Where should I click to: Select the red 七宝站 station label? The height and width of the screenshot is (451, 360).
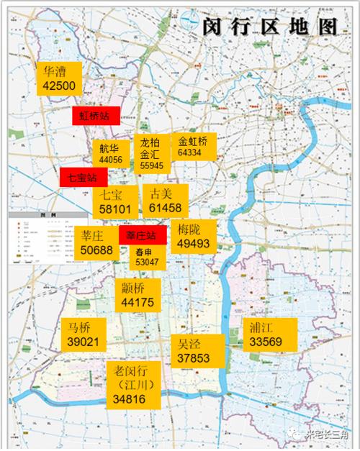pos(83,176)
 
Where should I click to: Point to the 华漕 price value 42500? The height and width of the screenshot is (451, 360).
pos(59,85)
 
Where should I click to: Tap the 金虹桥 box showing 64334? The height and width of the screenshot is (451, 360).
pos(193,147)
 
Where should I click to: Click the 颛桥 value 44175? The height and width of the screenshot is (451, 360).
pos(138,303)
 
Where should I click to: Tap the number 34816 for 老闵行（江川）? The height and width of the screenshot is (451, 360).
pos(130,398)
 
